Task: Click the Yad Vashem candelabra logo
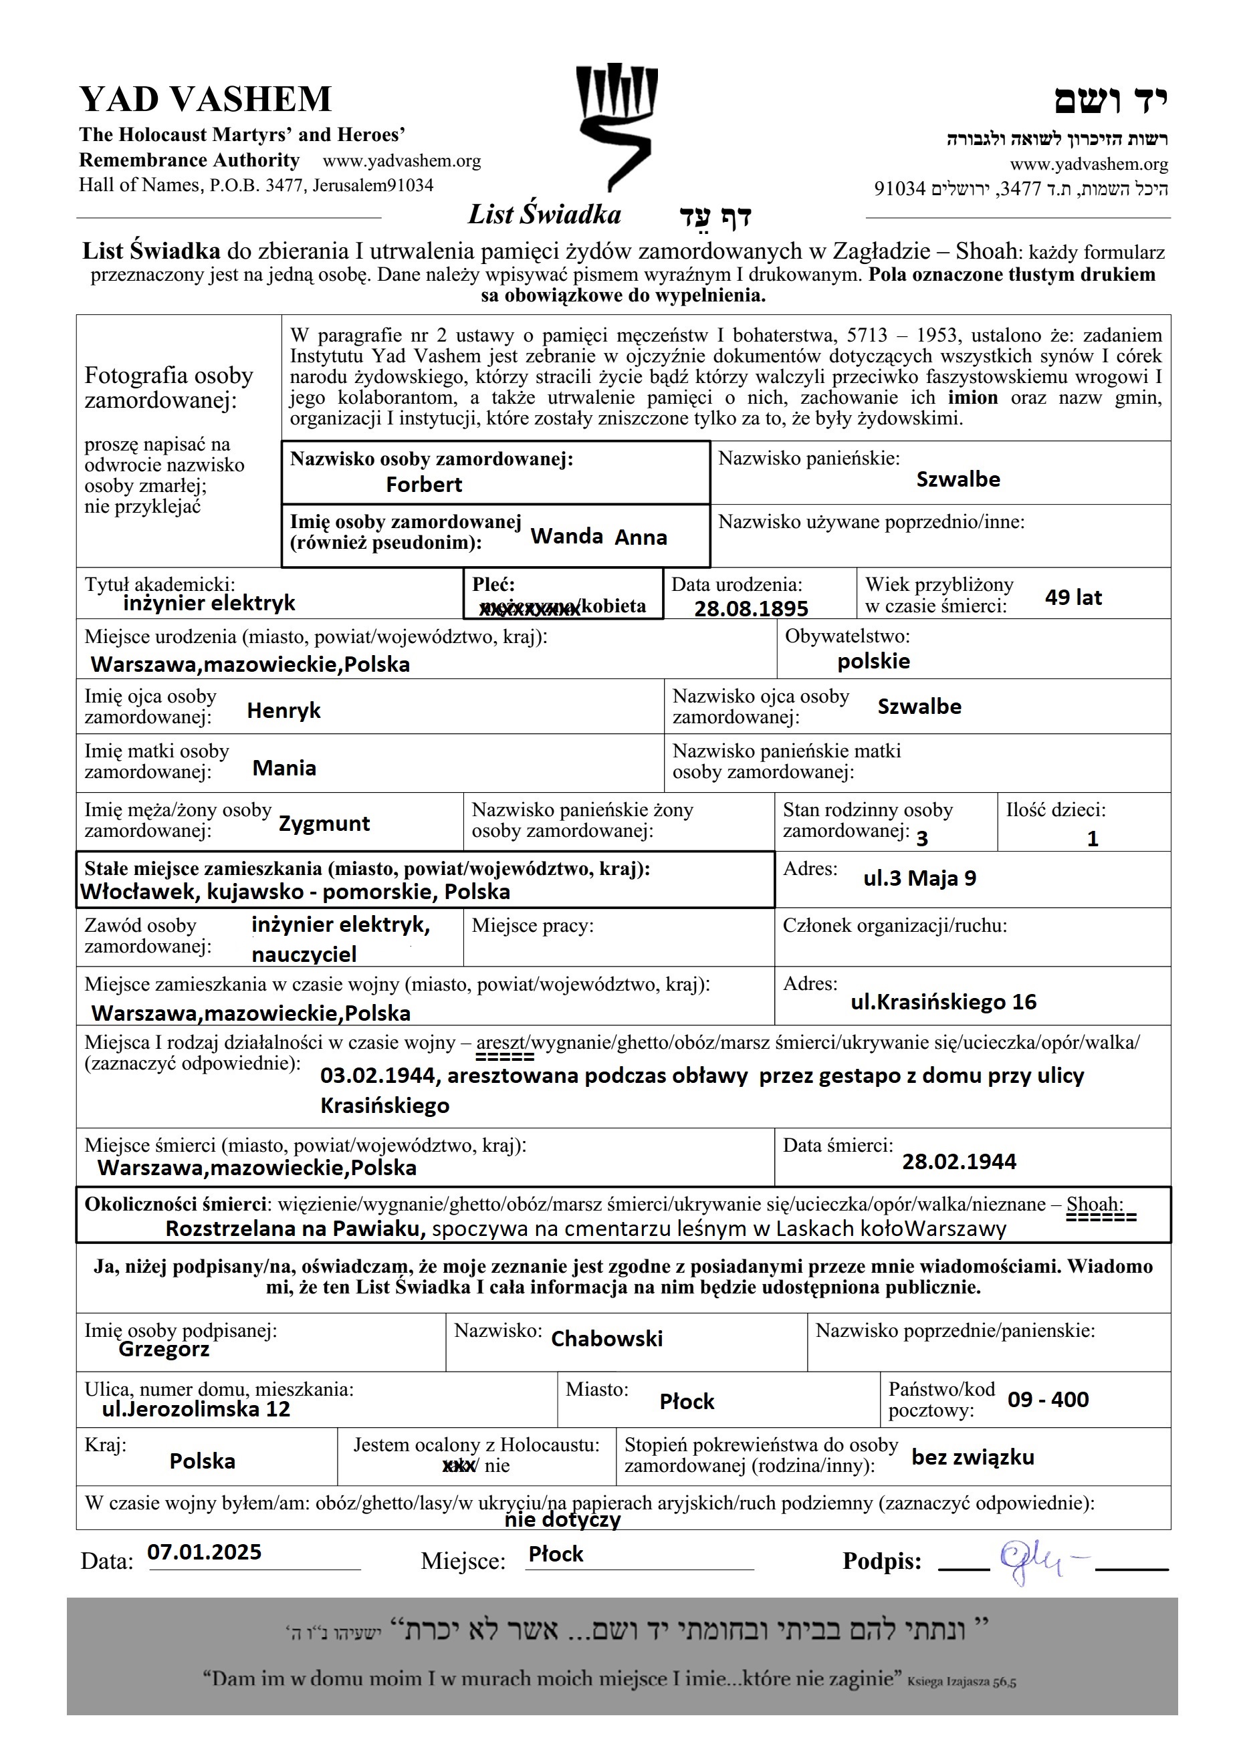(x=616, y=125)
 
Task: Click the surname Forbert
(x=423, y=485)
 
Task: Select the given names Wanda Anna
(x=598, y=537)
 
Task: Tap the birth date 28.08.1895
(x=751, y=608)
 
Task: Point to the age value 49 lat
(x=1073, y=598)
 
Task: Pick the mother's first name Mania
(x=284, y=768)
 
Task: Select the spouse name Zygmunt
(x=324, y=824)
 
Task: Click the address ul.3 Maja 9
(x=919, y=879)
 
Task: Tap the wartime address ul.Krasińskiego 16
(x=943, y=1002)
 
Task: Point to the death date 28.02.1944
(x=959, y=1161)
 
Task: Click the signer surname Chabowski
(x=606, y=1338)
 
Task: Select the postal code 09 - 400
(x=1048, y=1399)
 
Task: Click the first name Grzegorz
(x=164, y=1349)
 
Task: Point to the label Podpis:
(x=881, y=1562)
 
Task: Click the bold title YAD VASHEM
(x=205, y=100)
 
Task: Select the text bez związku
(x=972, y=1457)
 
